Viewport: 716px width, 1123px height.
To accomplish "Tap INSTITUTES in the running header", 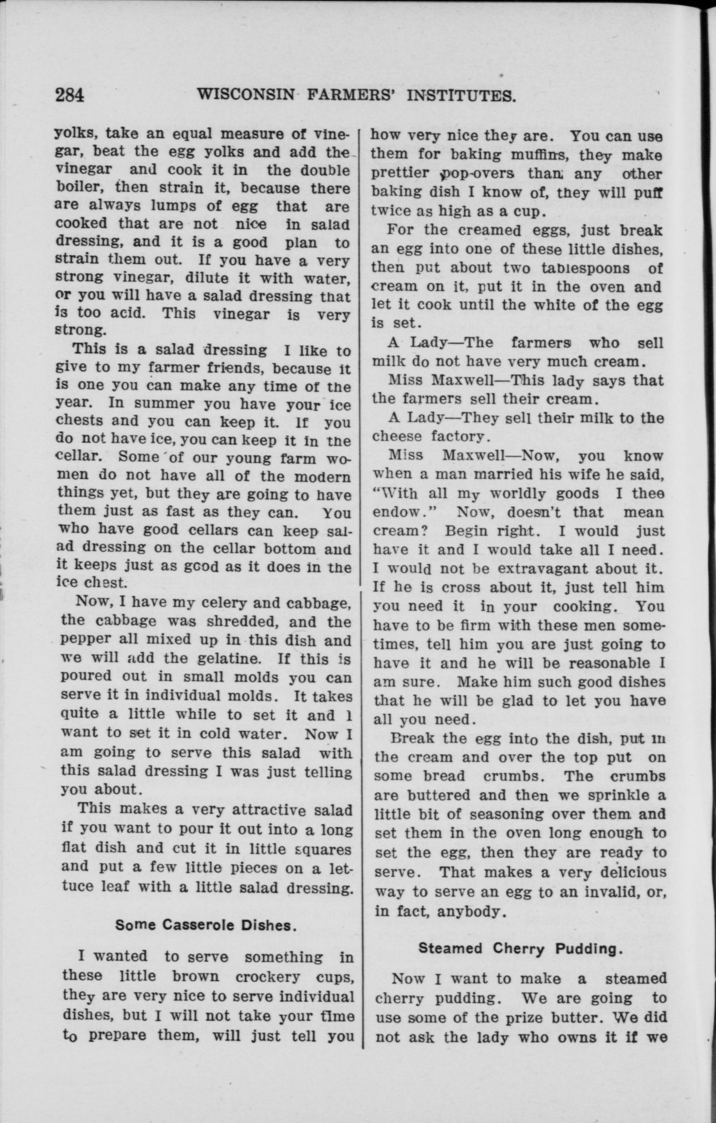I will pyautogui.click(x=461, y=96).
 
